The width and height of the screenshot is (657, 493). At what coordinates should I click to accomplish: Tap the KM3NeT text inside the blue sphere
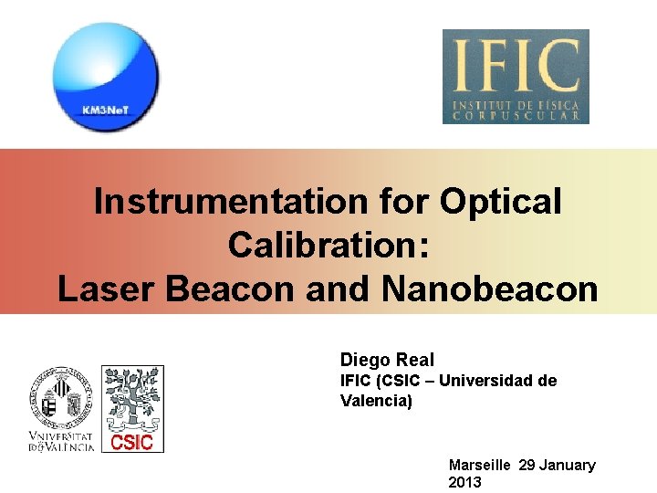(106, 110)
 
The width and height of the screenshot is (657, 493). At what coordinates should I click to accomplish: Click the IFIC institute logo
(516, 77)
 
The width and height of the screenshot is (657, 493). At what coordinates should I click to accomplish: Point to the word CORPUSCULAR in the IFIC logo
(516, 116)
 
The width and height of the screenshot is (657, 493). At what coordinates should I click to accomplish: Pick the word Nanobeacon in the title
(489, 289)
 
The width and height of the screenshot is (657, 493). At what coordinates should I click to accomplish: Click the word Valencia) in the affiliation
(376, 401)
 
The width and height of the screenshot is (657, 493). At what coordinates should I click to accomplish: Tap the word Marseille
(480, 466)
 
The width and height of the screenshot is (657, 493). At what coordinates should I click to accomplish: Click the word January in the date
(567, 466)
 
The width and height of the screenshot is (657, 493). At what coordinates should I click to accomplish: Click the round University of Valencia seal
(60, 398)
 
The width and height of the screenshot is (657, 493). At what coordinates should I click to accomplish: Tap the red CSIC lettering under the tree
(131, 443)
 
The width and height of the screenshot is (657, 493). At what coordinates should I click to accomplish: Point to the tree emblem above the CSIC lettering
(132, 398)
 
